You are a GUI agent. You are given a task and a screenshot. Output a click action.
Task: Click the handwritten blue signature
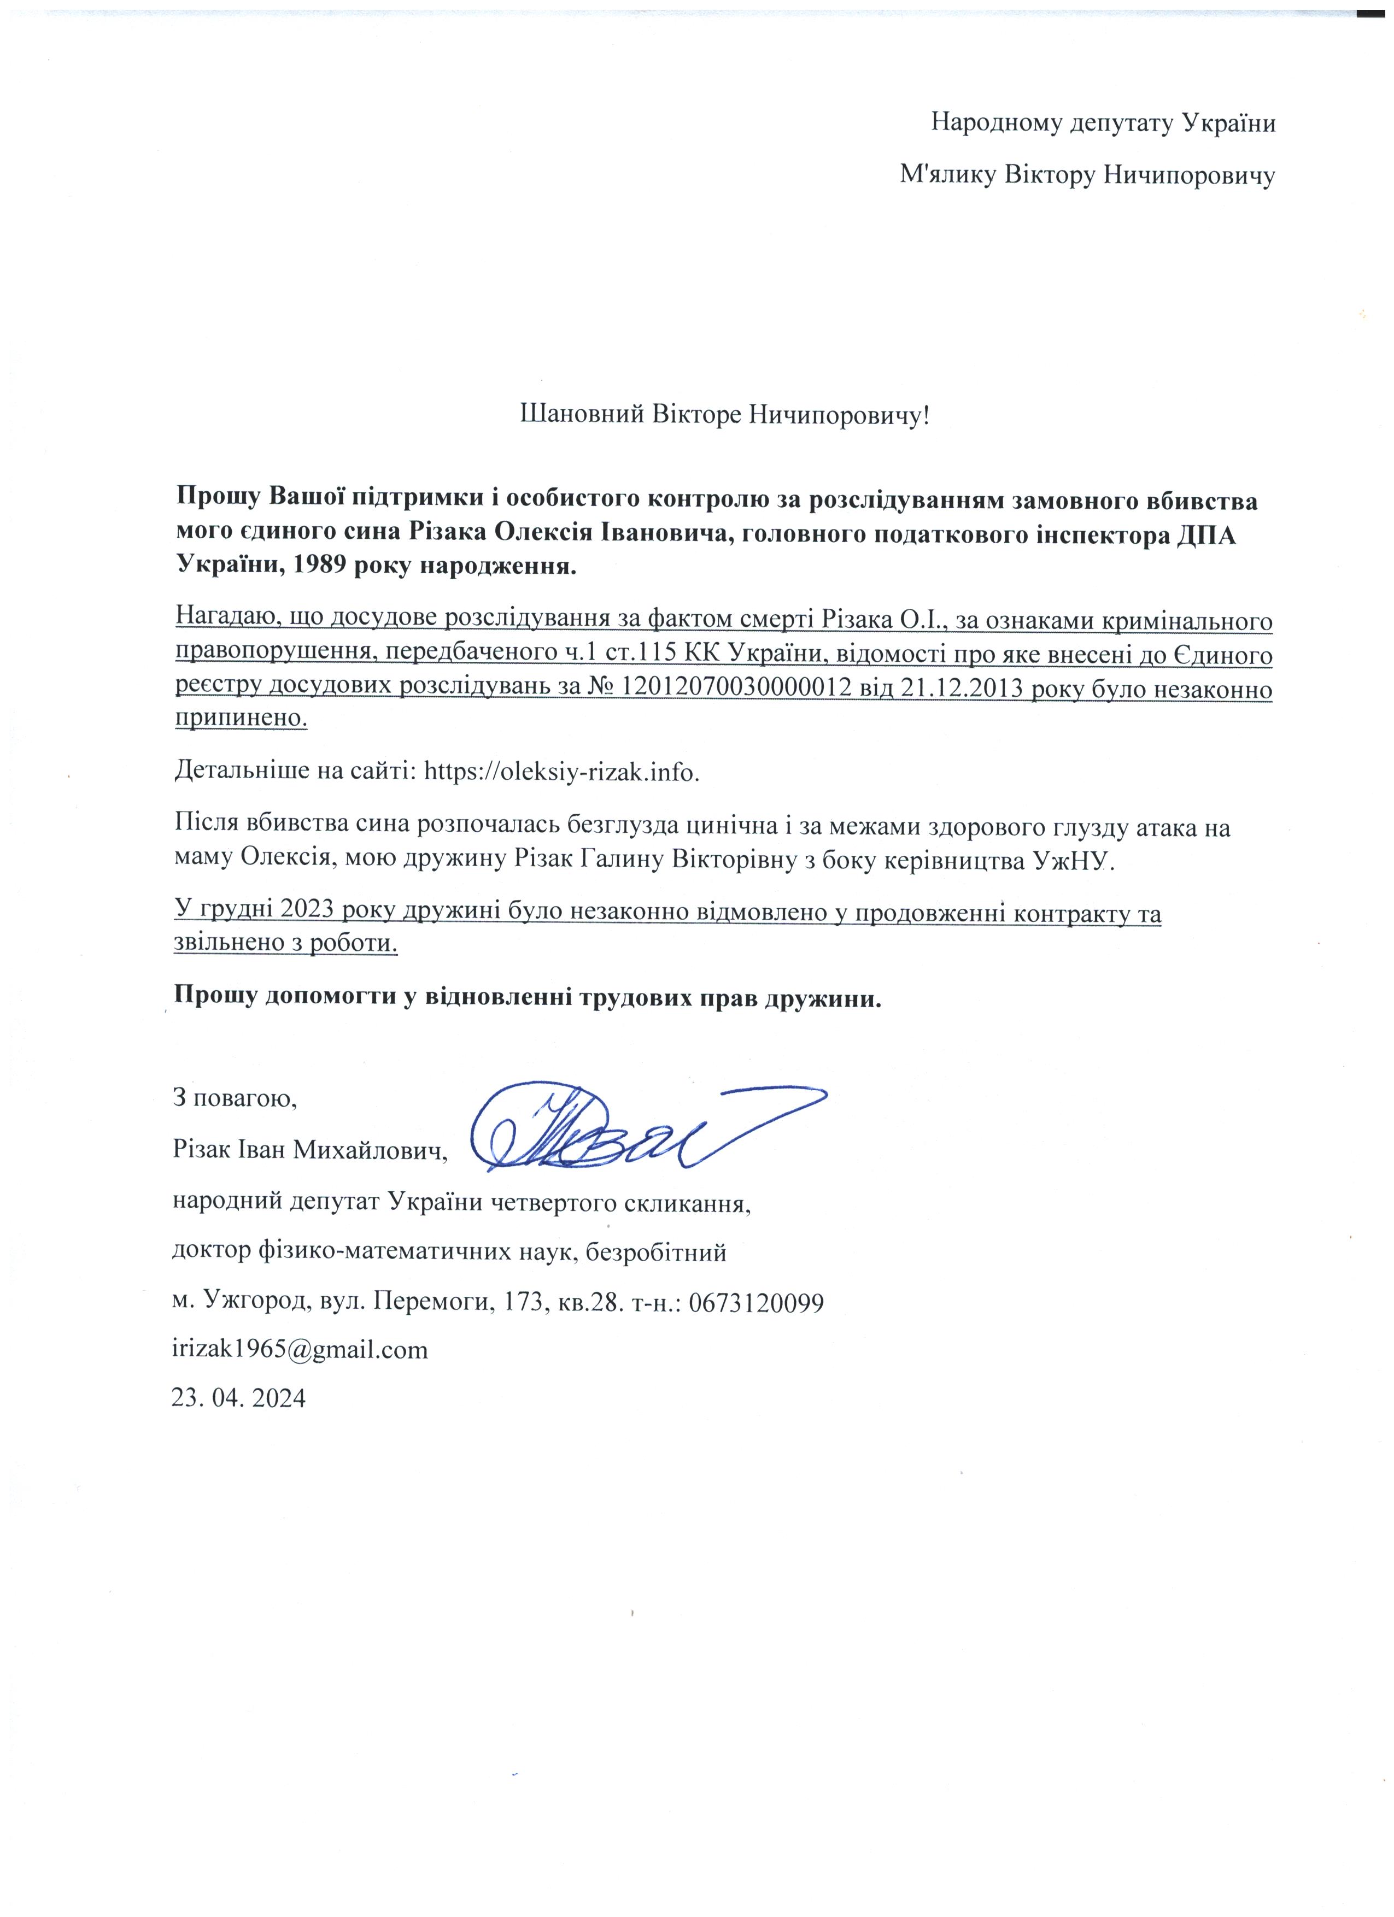coord(642,1127)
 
